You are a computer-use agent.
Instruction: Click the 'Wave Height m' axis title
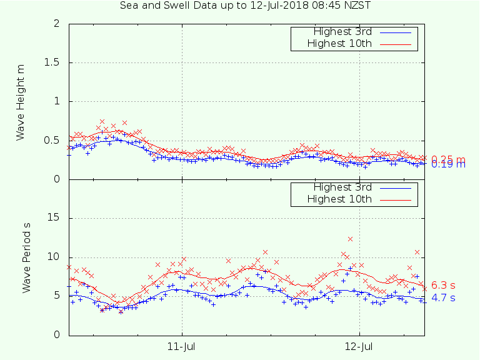tap(21, 101)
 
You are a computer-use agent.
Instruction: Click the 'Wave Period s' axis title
tap(26, 257)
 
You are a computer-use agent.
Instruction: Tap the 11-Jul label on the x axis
tap(182, 346)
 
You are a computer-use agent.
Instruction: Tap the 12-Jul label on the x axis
tap(359, 346)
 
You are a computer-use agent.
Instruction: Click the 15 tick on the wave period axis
tap(55, 218)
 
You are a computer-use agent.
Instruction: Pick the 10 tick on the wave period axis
tap(55, 257)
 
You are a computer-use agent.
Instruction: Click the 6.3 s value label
tap(443, 286)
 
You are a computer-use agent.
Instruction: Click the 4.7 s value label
tap(443, 298)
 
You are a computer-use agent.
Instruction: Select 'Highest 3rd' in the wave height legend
tap(342, 32)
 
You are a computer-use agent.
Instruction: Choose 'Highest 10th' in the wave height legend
tap(340, 43)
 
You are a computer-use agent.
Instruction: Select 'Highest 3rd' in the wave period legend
tap(342, 187)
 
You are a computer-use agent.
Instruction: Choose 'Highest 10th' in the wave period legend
tap(340, 199)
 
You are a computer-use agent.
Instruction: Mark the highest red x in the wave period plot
tap(351, 239)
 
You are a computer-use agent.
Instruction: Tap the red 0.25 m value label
tap(447, 159)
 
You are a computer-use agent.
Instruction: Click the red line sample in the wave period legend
tap(396, 199)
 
